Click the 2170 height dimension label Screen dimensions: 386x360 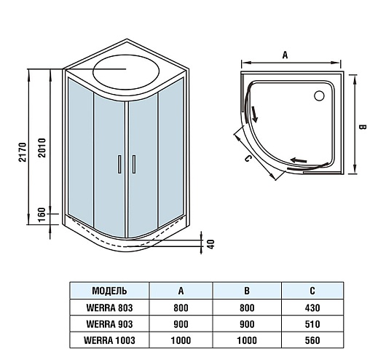tap(23, 152)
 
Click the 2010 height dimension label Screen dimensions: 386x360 tap(42, 148)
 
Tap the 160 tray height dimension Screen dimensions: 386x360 tap(42, 215)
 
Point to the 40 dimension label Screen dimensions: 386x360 tap(211, 244)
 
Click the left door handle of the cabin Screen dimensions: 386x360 tap(119, 164)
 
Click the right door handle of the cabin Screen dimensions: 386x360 tap(134, 164)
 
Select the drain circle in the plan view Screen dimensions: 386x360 tap(319, 95)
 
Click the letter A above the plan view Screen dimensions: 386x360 tap(285, 55)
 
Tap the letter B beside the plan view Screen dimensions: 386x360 tap(363, 127)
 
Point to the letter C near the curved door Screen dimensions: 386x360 tap(248, 158)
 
